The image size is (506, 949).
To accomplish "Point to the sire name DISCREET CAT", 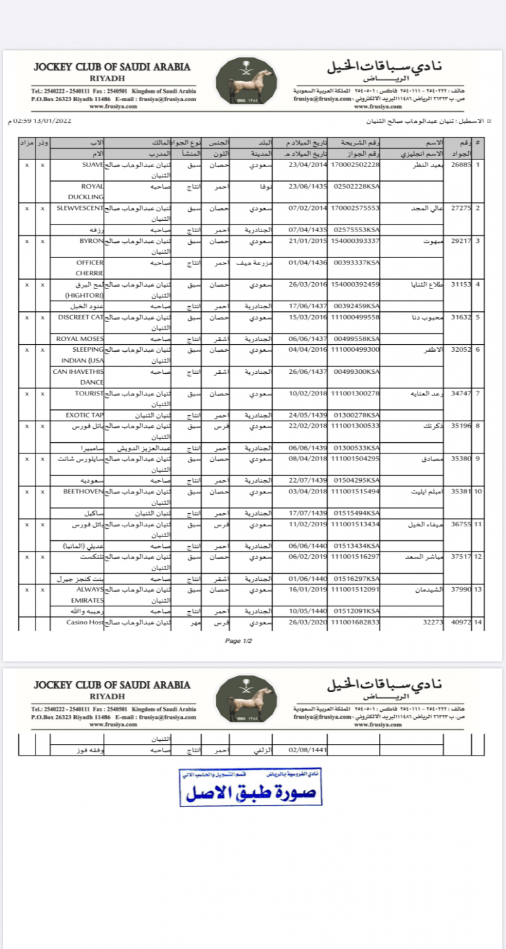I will pos(80,316).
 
